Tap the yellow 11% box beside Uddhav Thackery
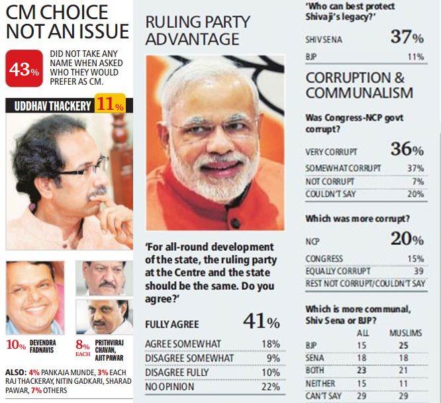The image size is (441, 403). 109,105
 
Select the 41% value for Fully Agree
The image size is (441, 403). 261,322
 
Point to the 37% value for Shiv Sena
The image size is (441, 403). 407,38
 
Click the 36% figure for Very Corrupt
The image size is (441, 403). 407,150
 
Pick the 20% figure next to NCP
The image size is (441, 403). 407,240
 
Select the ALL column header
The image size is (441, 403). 361,333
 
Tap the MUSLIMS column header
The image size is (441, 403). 405,333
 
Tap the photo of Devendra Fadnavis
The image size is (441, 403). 34,298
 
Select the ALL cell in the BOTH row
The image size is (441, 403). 361,369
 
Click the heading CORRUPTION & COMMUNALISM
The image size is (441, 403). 359,85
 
